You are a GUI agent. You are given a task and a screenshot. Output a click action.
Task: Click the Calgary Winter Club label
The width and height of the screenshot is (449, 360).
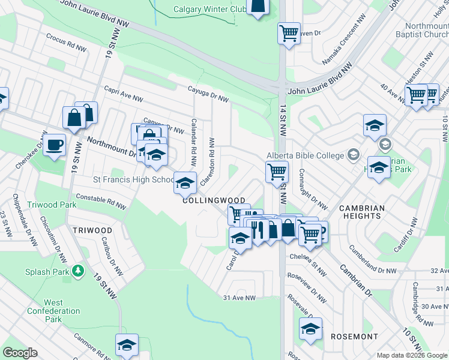[208, 9]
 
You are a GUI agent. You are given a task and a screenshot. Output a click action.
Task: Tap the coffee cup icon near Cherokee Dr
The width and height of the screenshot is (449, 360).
[54, 145]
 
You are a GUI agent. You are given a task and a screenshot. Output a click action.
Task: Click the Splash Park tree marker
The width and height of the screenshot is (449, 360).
[78, 271]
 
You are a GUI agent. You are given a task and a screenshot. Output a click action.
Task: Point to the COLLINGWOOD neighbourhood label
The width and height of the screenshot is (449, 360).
[214, 200]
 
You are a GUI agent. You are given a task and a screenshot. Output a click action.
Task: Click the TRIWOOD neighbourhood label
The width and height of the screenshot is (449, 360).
[92, 230]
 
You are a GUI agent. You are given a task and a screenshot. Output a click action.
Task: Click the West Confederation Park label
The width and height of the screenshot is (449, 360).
[53, 311]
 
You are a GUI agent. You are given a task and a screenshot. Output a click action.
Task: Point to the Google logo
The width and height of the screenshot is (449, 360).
[20, 353]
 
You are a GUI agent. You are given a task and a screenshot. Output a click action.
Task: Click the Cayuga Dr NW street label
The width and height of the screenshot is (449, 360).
[208, 95]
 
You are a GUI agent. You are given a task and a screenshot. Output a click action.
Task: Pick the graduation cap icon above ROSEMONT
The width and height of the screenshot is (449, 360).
[310, 329]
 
